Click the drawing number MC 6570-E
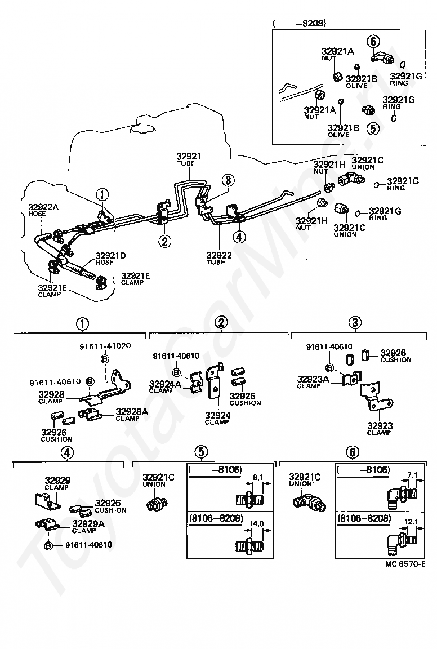[x=405, y=564]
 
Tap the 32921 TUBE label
[x=189, y=159]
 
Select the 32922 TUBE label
[x=219, y=258]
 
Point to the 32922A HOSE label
[x=43, y=210]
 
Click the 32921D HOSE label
[x=110, y=259]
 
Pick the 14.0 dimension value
[x=257, y=523]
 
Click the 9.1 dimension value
[x=258, y=477]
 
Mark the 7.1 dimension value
[x=412, y=475]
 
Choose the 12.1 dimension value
[x=411, y=522]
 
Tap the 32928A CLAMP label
[x=132, y=414]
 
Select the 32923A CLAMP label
[x=313, y=382]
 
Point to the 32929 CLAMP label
[x=57, y=483]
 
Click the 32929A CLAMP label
[x=88, y=527]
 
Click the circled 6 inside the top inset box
[x=373, y=41]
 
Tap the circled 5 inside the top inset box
[x=373, y=128]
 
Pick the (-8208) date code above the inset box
[x=300, y=23]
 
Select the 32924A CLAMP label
[x=165, y=386]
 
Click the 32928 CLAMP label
[x=51, y=397]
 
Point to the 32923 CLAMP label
[x=380, y=428]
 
